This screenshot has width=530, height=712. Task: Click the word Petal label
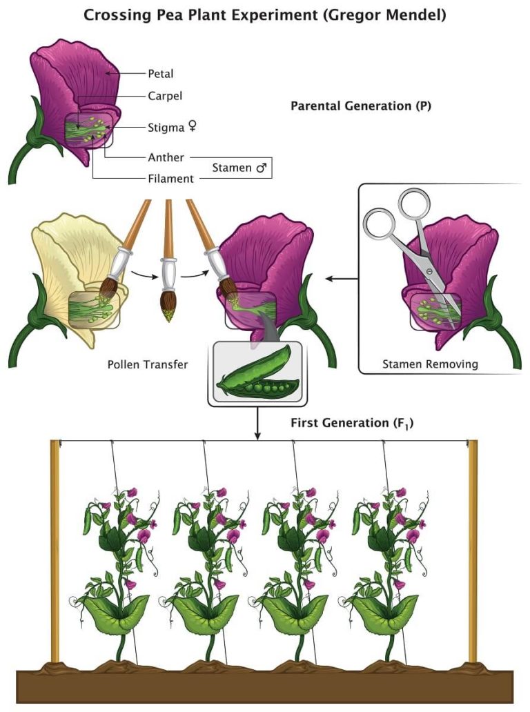160,72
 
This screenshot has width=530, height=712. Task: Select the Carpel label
164,96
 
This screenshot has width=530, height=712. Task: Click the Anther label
166,157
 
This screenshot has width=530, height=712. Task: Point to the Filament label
170,178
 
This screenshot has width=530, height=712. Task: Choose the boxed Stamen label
239,168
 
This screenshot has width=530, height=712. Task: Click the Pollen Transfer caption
147,364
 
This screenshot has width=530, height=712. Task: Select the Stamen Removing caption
430,364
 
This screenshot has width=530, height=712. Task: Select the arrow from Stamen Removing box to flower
341,279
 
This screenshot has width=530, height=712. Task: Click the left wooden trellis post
55,552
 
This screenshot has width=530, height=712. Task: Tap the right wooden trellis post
473,552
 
